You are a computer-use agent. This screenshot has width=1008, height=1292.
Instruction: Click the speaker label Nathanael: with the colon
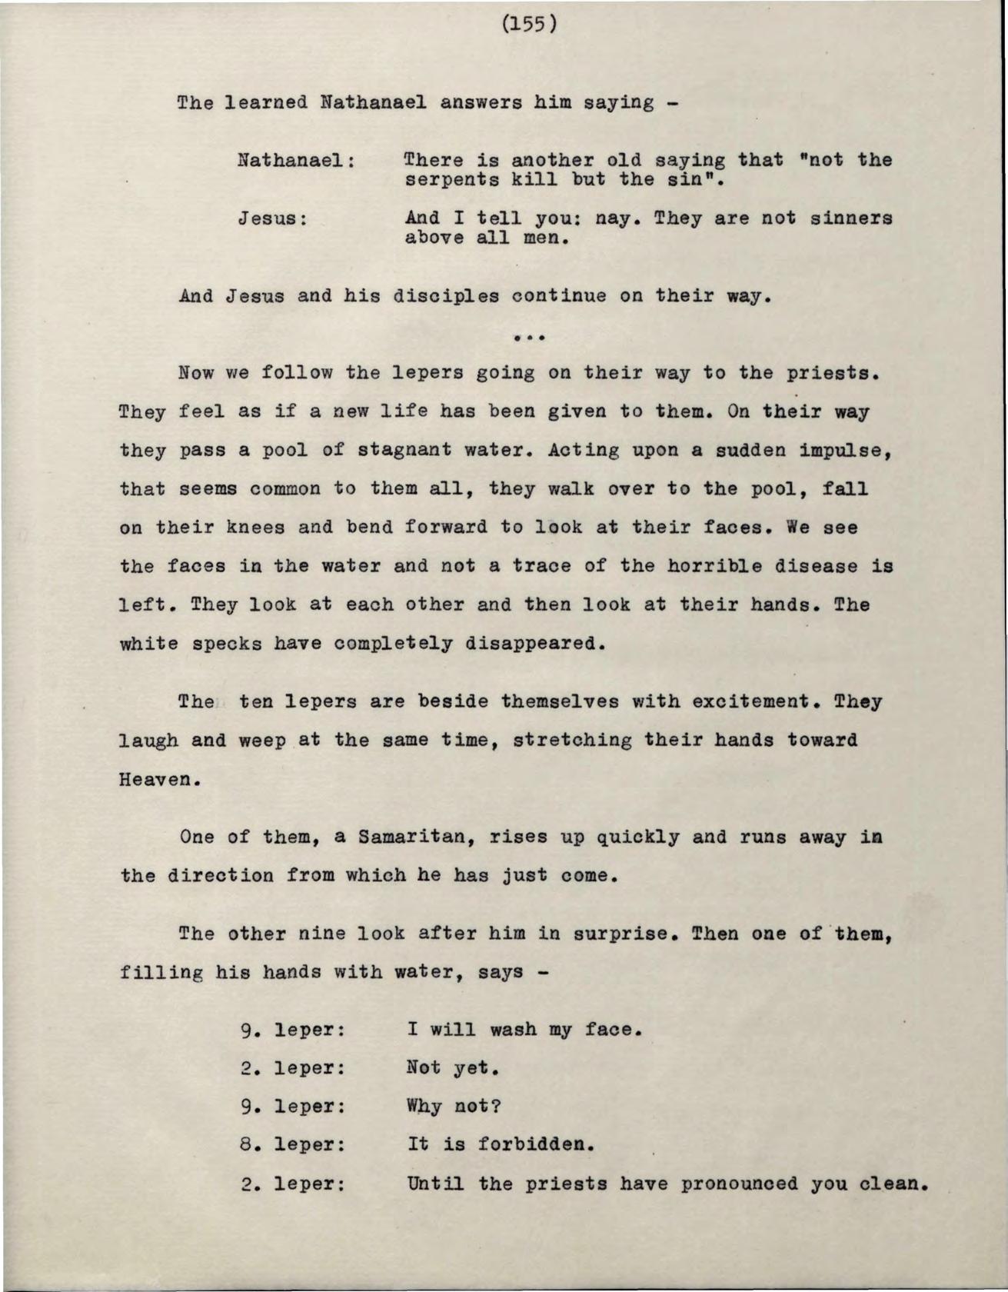point(296,161)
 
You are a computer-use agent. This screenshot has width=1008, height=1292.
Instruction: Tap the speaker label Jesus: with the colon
point(273,219)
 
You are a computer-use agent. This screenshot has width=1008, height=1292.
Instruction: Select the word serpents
point(451,180)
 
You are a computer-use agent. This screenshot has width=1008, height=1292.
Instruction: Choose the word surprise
point(619,934)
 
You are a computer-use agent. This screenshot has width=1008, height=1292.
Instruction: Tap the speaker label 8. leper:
point(291,1145)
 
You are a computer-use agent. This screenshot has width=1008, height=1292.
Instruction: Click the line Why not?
point(454,1107)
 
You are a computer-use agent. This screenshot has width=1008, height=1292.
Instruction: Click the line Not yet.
point(454,1068)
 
